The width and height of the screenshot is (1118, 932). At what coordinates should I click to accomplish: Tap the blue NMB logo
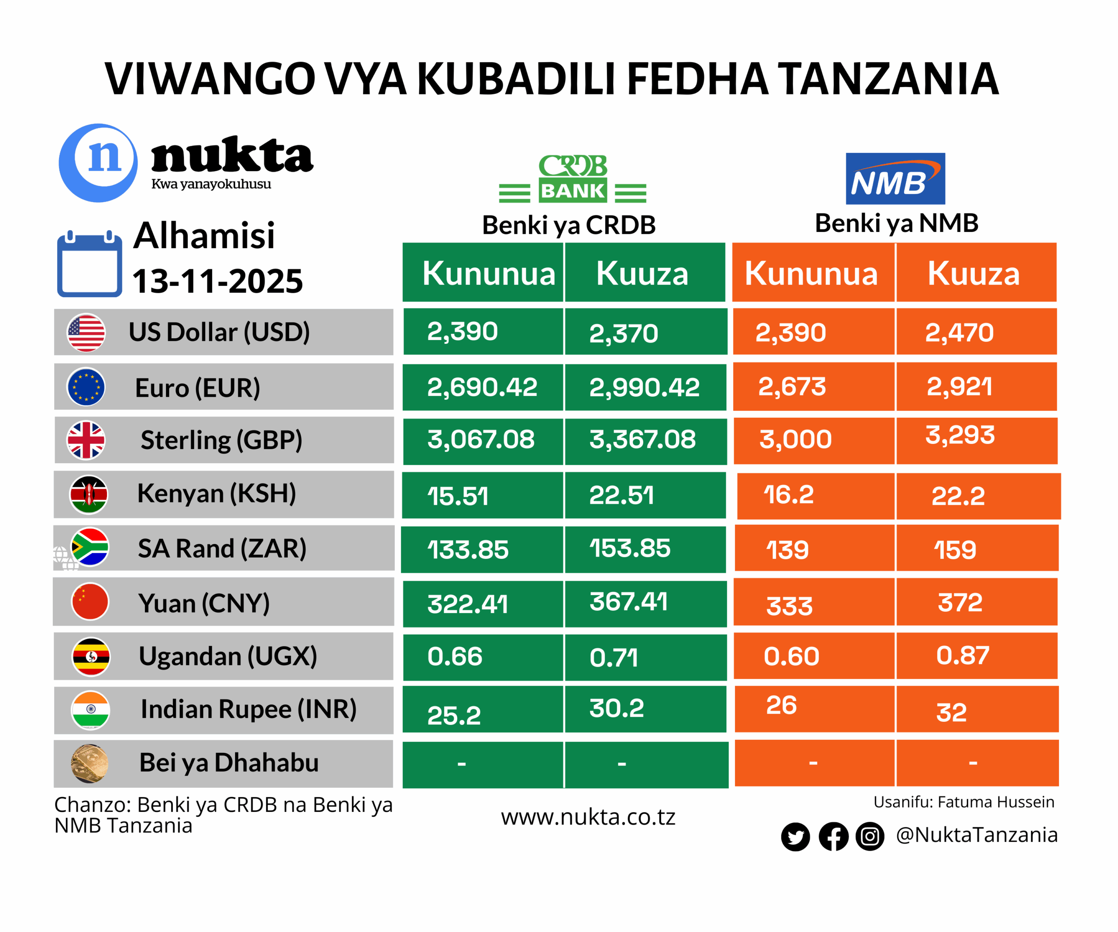click(x=895, y=178)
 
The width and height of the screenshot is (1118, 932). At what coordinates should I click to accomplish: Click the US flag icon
click(x=86, y=333)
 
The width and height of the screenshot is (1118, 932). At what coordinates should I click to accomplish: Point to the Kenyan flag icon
click(x=89, y=494)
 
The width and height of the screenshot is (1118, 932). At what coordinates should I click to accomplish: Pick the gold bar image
click(x=90, y=763)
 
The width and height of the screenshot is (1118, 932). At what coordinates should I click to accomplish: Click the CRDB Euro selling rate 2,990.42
click(x=644, y=387)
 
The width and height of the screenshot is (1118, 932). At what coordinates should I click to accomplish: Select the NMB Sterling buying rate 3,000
click(x=795, y=440)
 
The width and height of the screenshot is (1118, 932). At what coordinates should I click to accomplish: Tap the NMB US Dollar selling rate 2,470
click(x=959, y=333)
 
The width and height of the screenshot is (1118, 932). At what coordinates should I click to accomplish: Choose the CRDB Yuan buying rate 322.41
click(x=467, y=604)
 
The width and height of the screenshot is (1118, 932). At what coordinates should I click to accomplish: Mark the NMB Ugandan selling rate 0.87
click(x=963, y=655)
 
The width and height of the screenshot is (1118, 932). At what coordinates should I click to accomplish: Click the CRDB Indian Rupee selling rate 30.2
click(x=617, y=708)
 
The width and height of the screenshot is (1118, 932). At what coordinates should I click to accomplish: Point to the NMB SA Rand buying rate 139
click(x=787, y=550)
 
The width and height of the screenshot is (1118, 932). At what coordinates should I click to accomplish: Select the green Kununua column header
click(x=488, y=273)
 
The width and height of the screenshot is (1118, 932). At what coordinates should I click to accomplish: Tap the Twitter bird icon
click(x=795, y=837)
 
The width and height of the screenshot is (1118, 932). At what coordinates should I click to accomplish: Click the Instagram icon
click(x=870, y=836)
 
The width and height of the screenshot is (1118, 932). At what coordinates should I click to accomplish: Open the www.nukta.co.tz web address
click(x=588, y=817)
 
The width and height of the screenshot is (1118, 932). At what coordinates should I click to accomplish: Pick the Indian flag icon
click(x=90, y=710)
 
